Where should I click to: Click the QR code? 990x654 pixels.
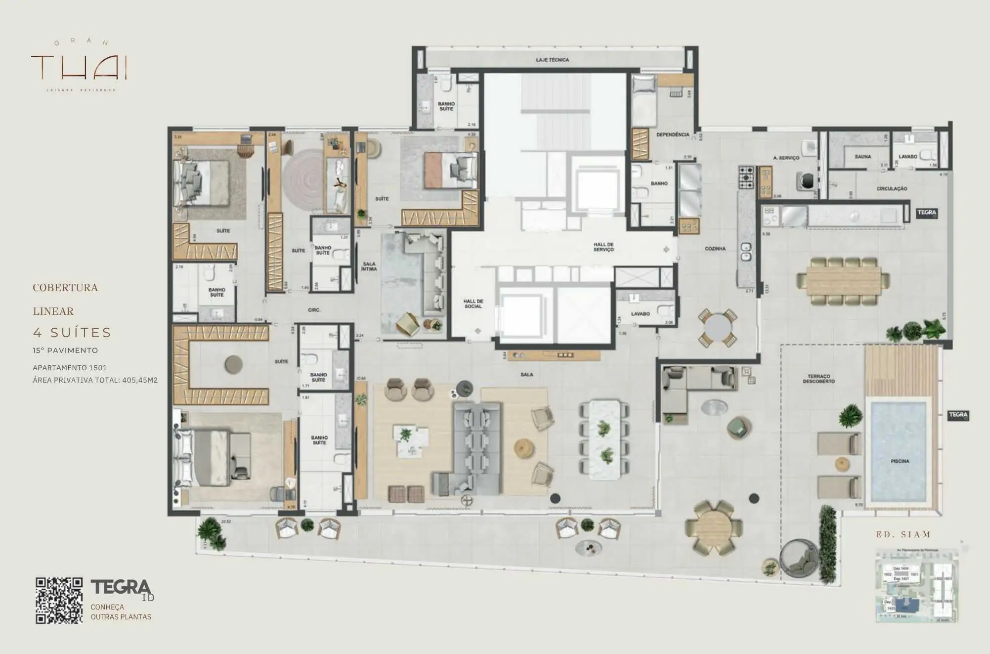pyautogui.click(x=59, y=600)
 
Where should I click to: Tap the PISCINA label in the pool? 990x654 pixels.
pyautogui.click(x=900, y=461)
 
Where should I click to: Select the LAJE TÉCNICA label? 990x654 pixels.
pyautogui.click(x=552, y=60)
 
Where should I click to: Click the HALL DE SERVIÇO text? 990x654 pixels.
pyautogui.click(x=603, y=247)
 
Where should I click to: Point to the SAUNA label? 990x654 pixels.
pyautogui.click(x=862, y=157)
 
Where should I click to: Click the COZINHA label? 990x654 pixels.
pyautogui.click(x=715, y=249)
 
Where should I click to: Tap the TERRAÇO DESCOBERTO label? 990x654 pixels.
pyautogui.click(x=818, y=379)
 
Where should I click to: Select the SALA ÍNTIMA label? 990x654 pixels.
pyautogui.click(x=369, y=266)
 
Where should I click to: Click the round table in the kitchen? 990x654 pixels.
pyautogui.click(x=717, y=326)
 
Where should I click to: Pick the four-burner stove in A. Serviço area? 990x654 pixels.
pyautogui.click(x=746, y=177)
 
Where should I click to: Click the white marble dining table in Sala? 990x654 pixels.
pyautogui.click(x=604, y=439)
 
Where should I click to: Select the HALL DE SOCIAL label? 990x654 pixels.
pyautogui.click(x=473, y=304)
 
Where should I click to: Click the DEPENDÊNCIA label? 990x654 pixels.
pyautogui.click(x=672, y=134)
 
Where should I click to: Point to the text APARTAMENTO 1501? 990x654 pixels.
pyautogui.click(x=70, y=368)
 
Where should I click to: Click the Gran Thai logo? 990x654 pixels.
pyautogui.click(x=79, y=66)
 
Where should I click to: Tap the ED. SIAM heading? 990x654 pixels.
pyautogui.click(x=903, y=534)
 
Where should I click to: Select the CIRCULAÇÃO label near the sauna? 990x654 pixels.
pyautogui.click(x=891, y=189)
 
